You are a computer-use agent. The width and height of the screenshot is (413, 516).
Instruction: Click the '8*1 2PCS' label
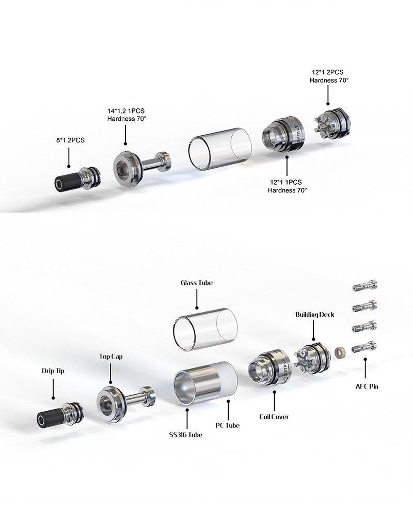[x=70, y=140]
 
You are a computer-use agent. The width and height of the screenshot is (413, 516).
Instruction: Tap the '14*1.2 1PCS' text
[x=126, y=111]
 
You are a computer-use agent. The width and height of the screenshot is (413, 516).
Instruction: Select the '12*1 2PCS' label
[x=328, y=72]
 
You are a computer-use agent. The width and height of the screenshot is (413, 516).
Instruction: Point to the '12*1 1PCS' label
[x=286, y=182]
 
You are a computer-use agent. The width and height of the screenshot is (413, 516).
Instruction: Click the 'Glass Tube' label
[x=197, y=283]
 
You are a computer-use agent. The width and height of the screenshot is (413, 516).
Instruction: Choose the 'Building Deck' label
[x=314, y=315]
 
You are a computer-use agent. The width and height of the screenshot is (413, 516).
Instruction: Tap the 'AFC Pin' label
[x=367, y=386]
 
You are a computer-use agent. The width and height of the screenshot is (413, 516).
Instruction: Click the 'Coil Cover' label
[x=274, y=416]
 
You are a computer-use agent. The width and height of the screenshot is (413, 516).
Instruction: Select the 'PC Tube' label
[x=228, y=426]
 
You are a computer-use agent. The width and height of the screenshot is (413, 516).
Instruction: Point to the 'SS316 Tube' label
[x=186, y=434]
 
